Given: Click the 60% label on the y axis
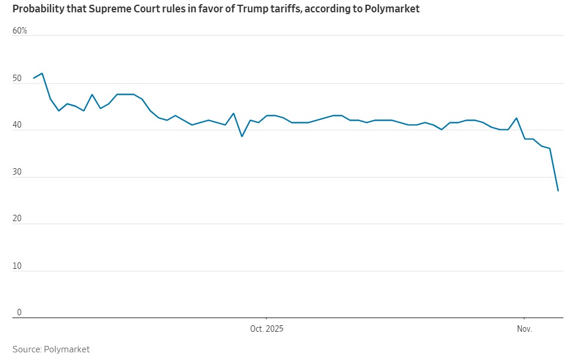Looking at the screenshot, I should tap(19, 31).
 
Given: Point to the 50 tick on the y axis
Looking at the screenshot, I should tap(16, 78).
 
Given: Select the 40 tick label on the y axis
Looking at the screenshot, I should tap(16, 125).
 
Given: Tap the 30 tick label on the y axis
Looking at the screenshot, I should tap(16, 172).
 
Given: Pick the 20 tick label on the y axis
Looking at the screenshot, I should tap(16, 219).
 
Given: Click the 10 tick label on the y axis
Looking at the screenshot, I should tap(16, 266).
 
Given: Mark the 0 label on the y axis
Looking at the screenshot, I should tap(19, 313).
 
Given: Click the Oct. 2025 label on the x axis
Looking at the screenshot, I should tap(267, 329).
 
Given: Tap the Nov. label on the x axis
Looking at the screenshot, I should tap(524, 329).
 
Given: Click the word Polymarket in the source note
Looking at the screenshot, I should tap(67, 349).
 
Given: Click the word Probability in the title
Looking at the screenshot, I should tap(36, 9).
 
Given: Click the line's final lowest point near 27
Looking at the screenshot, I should tap(558, 191).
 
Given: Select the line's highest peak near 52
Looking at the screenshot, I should tap(42, 74).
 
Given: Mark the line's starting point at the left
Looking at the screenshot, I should tap(34, 78).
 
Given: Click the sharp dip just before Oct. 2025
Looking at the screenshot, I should tap(242, 136).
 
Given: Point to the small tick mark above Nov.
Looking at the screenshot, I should tap(524, 320).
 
